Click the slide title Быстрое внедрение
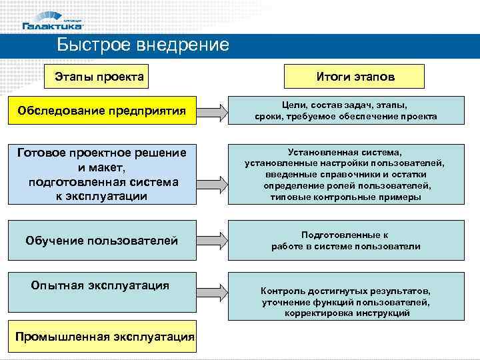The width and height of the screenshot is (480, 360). point(143,45)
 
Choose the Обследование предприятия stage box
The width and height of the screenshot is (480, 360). point(101,110)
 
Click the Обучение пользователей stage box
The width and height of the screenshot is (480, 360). point(101,240)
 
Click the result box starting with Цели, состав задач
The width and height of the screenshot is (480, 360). point(345,111)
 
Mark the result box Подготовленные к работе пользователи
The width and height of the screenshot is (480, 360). point(345,241)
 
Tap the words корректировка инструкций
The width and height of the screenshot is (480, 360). point(347,313)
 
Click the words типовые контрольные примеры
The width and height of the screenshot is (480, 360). point(345,197)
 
